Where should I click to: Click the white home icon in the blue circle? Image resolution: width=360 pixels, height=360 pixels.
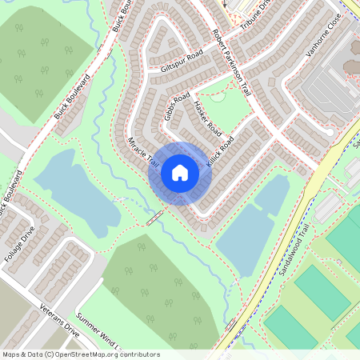[180, 172]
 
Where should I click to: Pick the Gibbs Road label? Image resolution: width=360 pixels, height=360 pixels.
[177, 106]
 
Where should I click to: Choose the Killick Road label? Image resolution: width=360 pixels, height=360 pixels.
[219, 152]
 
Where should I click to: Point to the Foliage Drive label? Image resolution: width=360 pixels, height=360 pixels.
[19, 248]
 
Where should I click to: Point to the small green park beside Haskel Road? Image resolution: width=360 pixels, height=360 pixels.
[232, 112]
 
